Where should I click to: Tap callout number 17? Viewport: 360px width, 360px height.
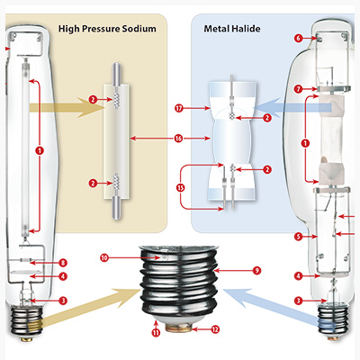180,108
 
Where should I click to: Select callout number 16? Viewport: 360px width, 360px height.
180,139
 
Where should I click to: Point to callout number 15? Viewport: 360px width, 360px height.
180,188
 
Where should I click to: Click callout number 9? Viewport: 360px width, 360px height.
256,269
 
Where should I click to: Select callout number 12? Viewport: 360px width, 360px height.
214,329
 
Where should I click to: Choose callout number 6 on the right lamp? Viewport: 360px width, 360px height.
298,38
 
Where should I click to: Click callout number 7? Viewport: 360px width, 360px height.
298,88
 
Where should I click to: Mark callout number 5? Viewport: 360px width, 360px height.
298,237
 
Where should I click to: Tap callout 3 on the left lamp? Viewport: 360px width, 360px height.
62,301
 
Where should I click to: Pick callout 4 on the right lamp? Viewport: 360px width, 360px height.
298,275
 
